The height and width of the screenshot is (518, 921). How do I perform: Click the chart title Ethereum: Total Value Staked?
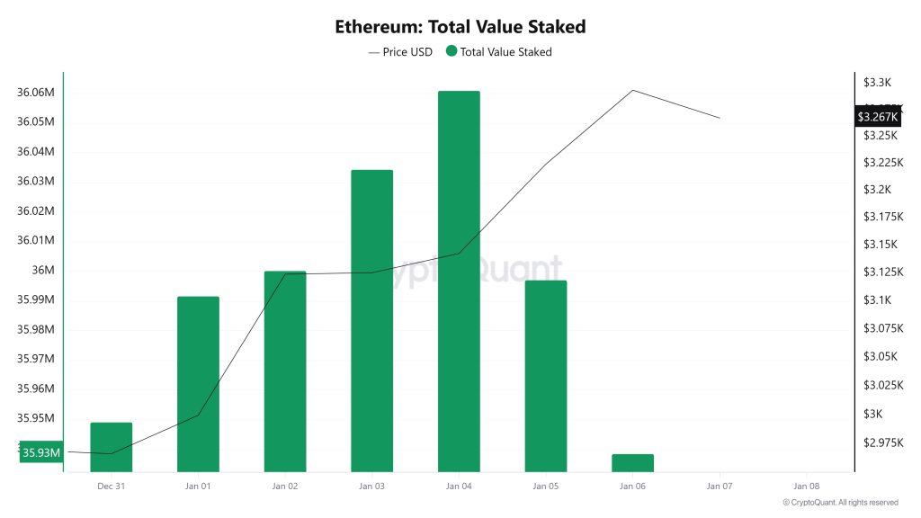pos(460,26)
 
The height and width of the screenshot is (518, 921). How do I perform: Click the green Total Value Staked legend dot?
pos(452,52)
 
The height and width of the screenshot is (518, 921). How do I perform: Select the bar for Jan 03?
pos(371,320)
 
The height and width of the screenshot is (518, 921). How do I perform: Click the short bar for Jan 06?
pos(632,462)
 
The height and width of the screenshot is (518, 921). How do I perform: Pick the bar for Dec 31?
pos(111,447)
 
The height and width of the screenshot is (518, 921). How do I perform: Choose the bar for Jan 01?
pos(198,384)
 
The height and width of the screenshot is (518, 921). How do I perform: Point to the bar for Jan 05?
pos(546,376)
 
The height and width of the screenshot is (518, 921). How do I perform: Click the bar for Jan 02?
pos(285,371)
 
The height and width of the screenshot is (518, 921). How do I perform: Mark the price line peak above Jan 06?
pos(633,90)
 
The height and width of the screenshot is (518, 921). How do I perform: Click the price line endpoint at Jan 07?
pos(720,118)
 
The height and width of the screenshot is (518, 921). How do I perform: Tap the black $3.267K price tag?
pos(877,117)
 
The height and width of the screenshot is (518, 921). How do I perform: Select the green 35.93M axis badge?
pos(41,453)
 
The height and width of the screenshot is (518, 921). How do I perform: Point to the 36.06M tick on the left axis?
pos(36,93)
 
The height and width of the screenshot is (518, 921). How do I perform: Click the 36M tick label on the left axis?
pos(43,271)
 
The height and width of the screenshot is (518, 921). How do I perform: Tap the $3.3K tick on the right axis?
pos(876,83)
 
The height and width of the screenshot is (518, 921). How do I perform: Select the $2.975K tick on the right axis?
pos(882,442)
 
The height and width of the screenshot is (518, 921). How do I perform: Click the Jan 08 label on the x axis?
pos(807,487)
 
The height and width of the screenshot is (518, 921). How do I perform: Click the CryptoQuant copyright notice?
pos(840,503)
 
